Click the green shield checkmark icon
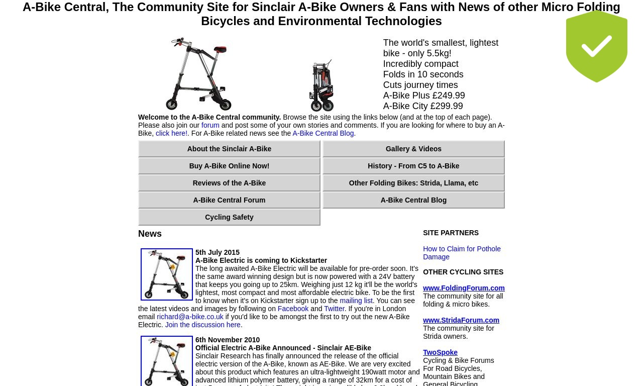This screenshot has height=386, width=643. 596,46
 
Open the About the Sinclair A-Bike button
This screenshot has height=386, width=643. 229,149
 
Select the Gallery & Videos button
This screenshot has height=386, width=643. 413,149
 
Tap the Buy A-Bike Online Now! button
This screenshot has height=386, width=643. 229,166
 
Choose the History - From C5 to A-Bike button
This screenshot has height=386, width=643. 413,166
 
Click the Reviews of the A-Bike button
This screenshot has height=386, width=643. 229,183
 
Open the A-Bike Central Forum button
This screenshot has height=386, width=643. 229,200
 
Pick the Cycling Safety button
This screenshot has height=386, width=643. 229,217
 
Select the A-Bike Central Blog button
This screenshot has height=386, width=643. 413,200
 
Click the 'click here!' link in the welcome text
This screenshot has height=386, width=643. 171,133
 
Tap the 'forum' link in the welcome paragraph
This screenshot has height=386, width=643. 210,125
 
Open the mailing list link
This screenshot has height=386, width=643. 356,301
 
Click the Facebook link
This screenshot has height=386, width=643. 293,309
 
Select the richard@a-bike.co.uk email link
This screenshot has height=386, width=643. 190,317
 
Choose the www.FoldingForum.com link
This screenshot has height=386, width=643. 464,288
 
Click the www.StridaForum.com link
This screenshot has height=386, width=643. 461,320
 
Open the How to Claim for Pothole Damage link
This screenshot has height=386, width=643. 462,253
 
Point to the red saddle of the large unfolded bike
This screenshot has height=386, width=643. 220,49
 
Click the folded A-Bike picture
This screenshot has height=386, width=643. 322,85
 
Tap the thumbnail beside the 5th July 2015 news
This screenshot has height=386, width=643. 166,274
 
